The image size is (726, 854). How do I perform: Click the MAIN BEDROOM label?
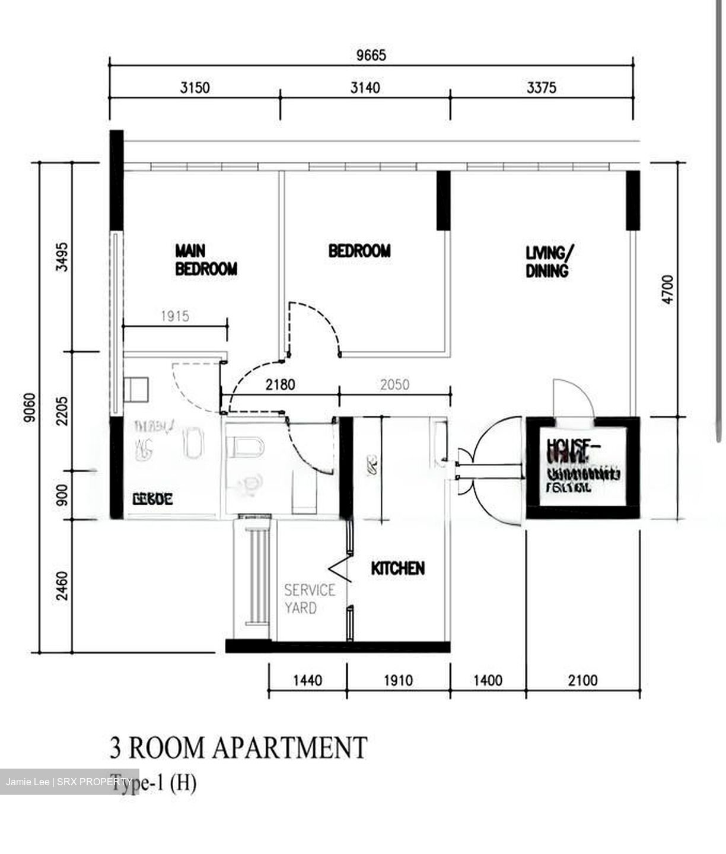[x=206, y=260]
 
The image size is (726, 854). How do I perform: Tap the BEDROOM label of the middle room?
[x=359, y=251]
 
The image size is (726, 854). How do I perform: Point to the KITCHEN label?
[x=397, y=569]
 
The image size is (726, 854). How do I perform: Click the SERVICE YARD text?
[x=309, y=599]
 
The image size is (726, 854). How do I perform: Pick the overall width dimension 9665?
[x=371, y=55]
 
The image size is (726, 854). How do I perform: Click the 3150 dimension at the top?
[x=195, y=88]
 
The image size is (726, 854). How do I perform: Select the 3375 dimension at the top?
[x=541, y=88]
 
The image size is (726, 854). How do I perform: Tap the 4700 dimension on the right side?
[x=668, y=289]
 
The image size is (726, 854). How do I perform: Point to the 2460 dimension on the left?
[x=62, y=586]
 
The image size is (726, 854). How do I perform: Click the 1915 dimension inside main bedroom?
[x=175, y=316]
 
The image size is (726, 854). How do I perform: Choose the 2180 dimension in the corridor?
[x=280, y=385]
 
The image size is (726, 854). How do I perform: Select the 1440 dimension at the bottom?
[x=307, y=680]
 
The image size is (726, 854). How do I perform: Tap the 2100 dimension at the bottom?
[x=582, y=680]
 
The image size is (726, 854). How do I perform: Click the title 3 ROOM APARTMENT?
[x=238, y=747]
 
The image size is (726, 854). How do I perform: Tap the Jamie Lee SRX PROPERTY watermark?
[x=69, y=782]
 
